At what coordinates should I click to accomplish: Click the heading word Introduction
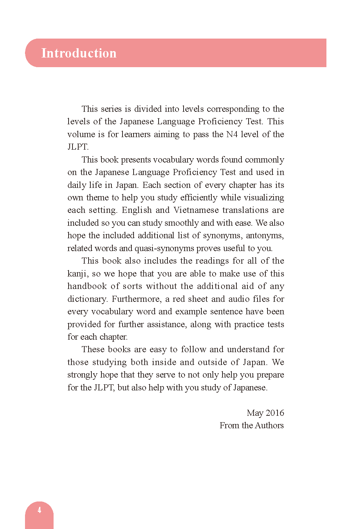pos(79,53)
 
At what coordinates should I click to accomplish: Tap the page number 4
pos(39,510)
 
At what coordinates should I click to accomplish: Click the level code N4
pos(232,134)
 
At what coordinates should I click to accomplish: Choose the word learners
pos(136,134)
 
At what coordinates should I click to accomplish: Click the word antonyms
pos(265,236)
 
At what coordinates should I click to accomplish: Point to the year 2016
pos(275,413)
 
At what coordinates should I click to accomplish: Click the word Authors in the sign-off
pos(270,425)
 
